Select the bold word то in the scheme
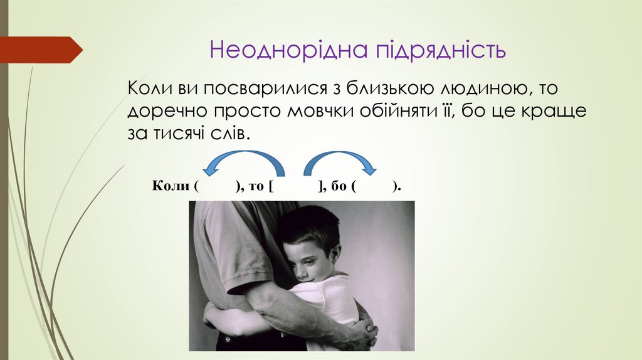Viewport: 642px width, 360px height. [x=258, y=187]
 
